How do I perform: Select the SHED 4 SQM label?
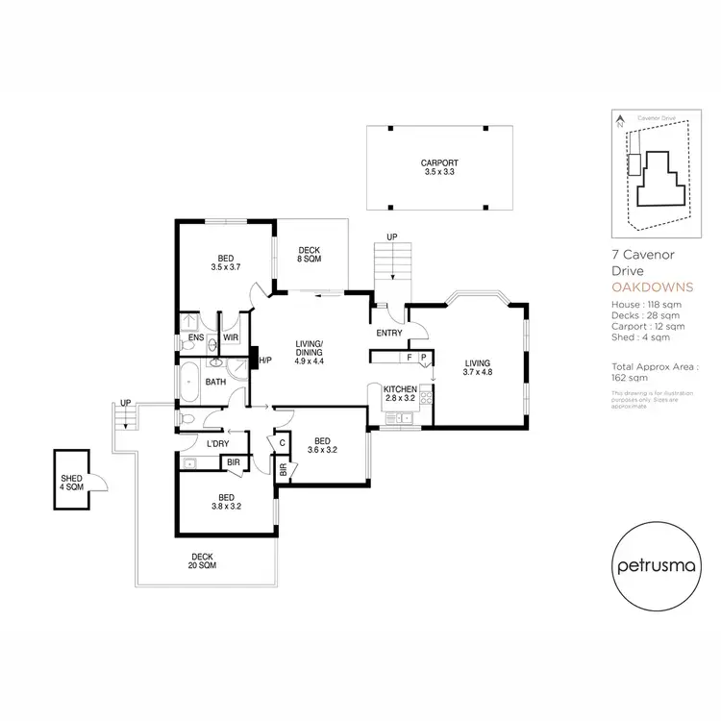pos(72,483)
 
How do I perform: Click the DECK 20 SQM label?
pos(202,561)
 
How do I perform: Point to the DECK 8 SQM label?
pos(308,255)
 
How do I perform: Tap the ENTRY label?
pos(390,333)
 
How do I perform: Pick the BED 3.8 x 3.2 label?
pos(226,503)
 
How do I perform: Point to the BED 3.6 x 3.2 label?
pos(321,445)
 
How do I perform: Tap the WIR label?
pos(231,338)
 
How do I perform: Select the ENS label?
pos(195,338)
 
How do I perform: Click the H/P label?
pos(264,360)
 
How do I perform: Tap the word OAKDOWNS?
pos(651,287)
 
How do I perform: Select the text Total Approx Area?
pos(655,367)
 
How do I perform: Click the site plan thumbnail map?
pos(656,173)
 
